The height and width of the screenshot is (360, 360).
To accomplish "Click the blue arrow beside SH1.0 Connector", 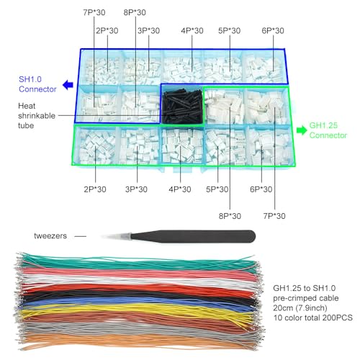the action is [68, 85].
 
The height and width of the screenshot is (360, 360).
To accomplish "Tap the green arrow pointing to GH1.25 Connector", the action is [302, 130].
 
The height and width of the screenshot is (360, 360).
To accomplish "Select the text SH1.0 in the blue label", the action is [30, 79].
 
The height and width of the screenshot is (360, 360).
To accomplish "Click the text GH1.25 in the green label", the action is [323, 125].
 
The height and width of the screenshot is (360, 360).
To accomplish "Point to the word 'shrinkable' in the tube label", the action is [37, 116].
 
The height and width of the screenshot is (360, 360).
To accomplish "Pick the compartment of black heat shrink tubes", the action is [182, 106].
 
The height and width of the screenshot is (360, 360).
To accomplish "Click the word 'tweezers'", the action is [50, 236].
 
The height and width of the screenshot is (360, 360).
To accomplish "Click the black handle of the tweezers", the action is [193, 236].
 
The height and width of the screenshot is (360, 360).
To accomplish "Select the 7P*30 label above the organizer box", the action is [94, 12].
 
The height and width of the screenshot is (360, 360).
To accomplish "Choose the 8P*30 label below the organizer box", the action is [230, 216].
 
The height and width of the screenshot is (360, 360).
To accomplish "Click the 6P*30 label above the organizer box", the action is [273, 31].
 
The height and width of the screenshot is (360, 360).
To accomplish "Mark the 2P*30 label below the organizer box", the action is [95, 189].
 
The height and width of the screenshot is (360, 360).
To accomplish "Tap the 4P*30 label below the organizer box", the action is [180, 189].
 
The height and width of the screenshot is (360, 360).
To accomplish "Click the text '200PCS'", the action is [338, 318].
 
